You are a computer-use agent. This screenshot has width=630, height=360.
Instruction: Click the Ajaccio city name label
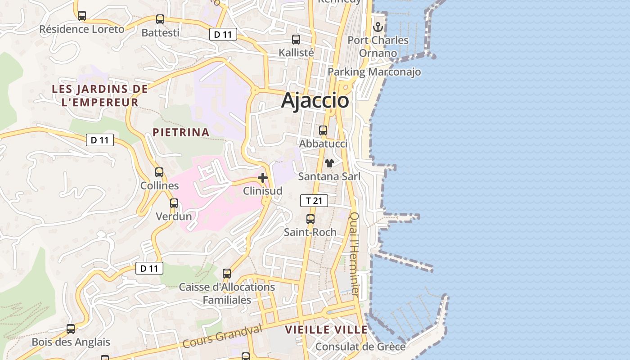(x=315, y=100)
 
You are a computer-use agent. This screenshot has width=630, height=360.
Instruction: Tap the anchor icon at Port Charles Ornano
(x=378, y=27)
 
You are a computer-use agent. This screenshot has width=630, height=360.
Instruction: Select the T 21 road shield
(x=314, y=201)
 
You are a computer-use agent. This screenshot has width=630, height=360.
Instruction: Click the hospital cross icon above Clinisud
(x=263, y=178)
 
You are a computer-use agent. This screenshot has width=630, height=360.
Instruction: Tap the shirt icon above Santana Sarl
(x=329, y=163)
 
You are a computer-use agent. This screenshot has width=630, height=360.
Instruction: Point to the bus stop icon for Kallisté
(x=296, y=40)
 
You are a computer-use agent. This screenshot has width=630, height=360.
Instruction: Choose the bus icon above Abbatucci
(x=323, y=131)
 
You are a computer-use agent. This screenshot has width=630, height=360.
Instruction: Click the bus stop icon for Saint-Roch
(x=310, y=219)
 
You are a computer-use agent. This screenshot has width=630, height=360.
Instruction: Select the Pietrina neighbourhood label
(x=181, y=132)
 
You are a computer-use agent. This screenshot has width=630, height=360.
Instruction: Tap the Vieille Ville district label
(x=326, y=330)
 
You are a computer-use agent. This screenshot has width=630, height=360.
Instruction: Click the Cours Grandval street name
(x=222, y=336)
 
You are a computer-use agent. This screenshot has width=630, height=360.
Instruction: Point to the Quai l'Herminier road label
(x=355, y=254)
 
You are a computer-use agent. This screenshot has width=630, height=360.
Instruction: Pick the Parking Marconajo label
(x=374, y=72)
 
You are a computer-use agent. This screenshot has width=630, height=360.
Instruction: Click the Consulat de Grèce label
(x=360, y=346)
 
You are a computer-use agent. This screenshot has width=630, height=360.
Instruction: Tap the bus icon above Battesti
(x=160, y=19)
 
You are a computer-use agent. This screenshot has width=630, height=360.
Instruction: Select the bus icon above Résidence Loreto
(x=82, y=16)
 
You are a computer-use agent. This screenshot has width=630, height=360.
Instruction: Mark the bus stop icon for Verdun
(x=174, y=203)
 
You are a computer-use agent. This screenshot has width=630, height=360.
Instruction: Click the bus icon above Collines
(x=159, y=172)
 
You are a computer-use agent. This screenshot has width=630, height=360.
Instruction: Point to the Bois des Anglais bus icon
(x=71, y=329)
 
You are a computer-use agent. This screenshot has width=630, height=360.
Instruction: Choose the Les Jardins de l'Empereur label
(x=100, y=95)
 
